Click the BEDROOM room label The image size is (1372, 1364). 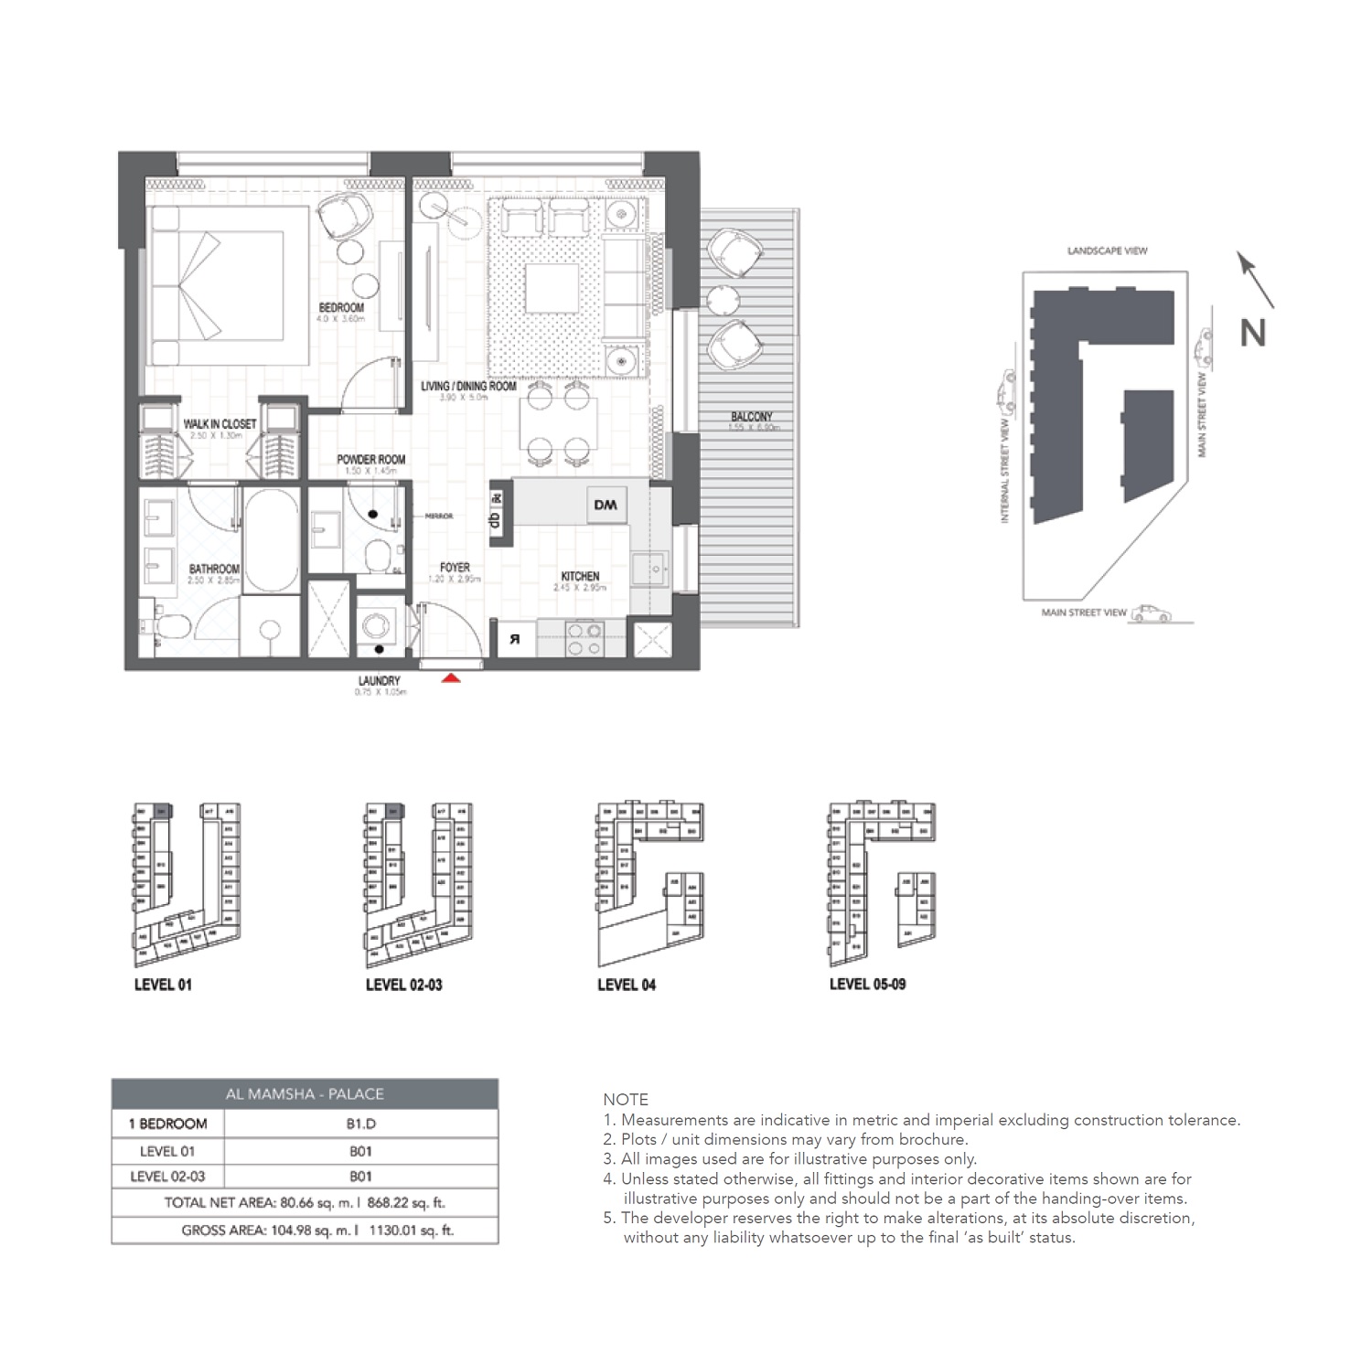tap(340, 308)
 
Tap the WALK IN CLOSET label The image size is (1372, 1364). tap(220, 424)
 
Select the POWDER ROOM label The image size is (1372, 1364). tap(370, 460)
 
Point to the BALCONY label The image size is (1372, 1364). tap(751, 417)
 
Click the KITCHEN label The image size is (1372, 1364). tap(580, 577)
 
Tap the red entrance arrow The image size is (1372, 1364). tap(450, 678)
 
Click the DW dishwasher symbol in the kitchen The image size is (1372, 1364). tap(605, 505)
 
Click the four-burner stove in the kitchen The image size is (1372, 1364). tap(584, 638)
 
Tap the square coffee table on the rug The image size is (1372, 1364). tap(552, 289)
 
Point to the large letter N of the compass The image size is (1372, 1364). tap(1252, 334)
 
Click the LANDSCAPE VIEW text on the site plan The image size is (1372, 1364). tap(1107, 250)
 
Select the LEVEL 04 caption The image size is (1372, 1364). tap(626, 985)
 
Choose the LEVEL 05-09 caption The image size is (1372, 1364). tap(867, 985)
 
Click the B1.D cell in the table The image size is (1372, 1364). tap(359, 1124)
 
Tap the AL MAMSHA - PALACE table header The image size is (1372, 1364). tap(305, 1094)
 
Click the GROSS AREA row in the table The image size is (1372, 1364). tap(305, 1231)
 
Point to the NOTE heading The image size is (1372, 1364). tap(626, 1100)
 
